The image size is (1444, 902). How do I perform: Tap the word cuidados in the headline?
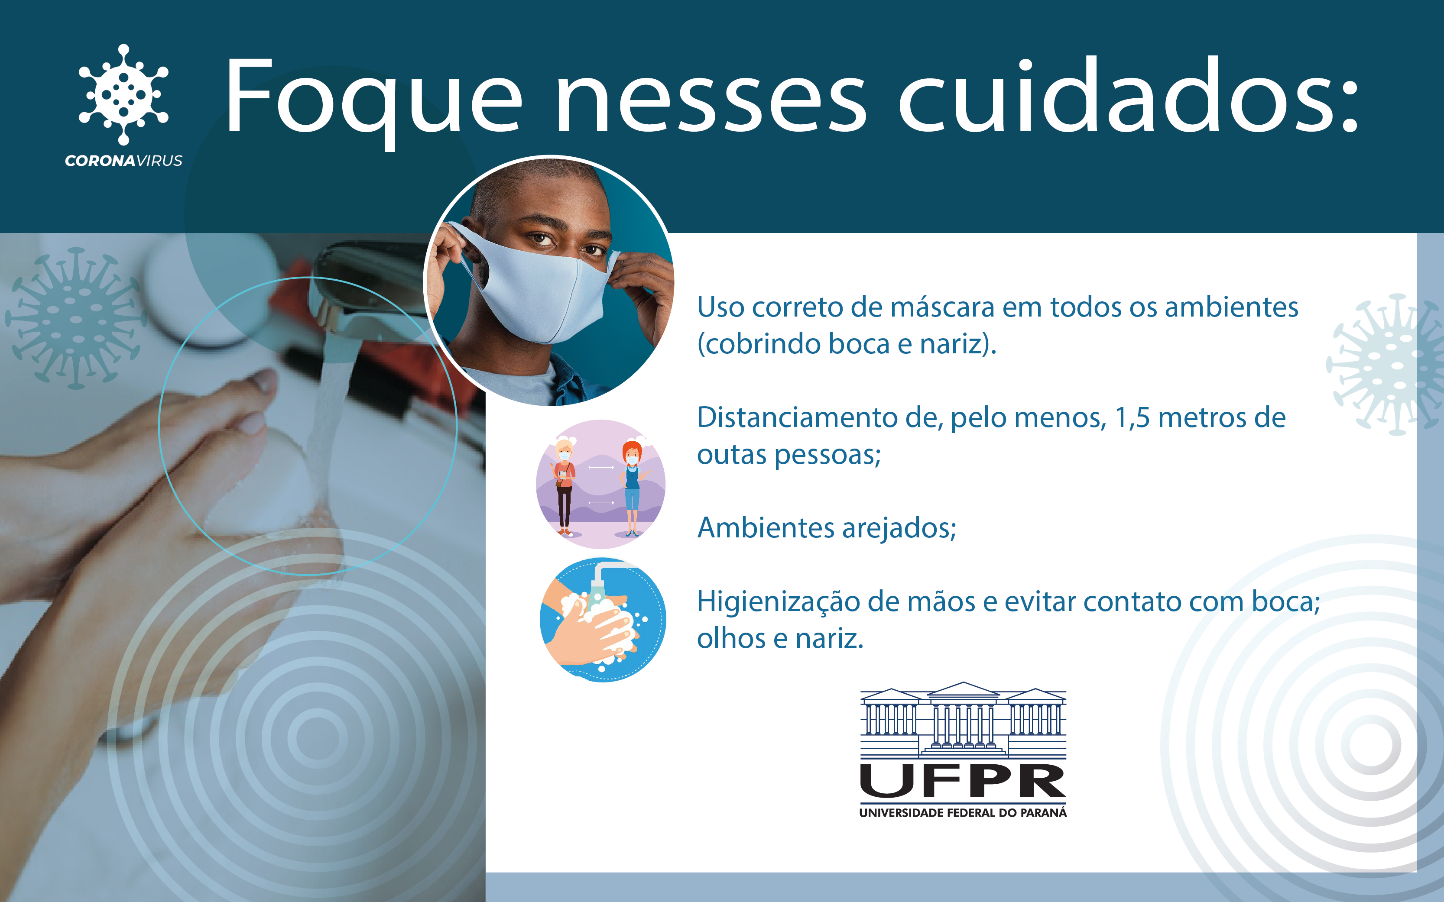pos(1128,95)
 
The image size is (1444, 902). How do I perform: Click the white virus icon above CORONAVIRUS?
pos(123,94)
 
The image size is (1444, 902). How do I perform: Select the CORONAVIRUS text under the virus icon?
pos(123,161)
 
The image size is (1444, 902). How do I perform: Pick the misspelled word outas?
pos(732,455)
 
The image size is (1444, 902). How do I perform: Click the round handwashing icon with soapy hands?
pos(603,620)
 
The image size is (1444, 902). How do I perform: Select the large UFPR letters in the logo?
pos(963,781)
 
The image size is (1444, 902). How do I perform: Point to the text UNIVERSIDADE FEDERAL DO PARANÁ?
pos(963,812)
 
